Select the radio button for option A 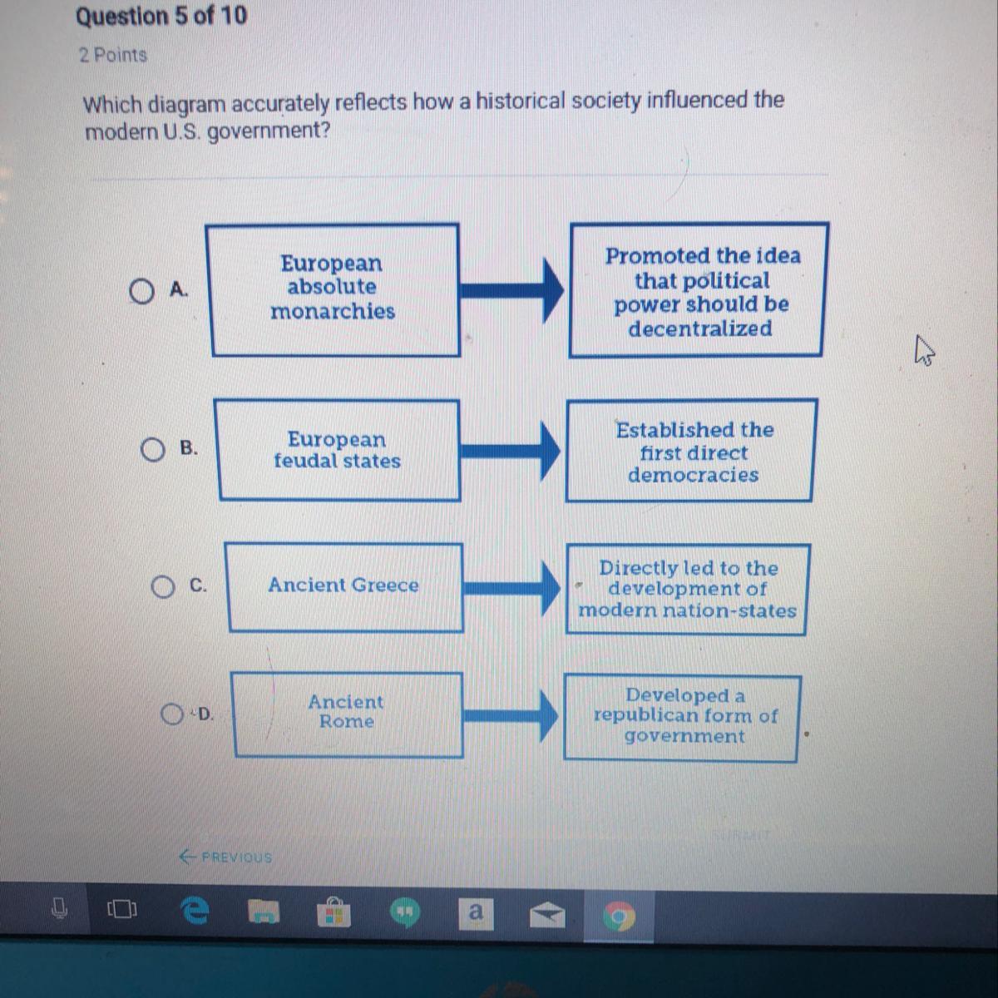pyautogui.click(x=142, y=291)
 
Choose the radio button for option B pyautogui.click(x=152, y=450)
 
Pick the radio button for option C pyautogui.click(x=163, y=587)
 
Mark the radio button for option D pyautogui.click(x=173, y=714)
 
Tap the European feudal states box pyautogui.click(x=338, y=450)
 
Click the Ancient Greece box pyautogui.click(x=343, y=585)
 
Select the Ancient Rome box pyautogui.click(x=347, y=713)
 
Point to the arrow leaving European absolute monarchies pyautogui.click(x=512, y=290)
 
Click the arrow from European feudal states pyautogui.click(x=511, y=451)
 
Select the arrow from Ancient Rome pyautogui.click(x=511, y=714)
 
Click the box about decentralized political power pyautogui.click(x=699, y=291)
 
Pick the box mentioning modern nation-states pyautogui.click(x=687, y=589)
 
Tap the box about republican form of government pyautogui.click(x=683, y=716)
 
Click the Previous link pyautogui.click(x=225, y=857)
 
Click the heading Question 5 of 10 pyautogui.click(x=161, y=16)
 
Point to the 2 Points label pyautogui.click(x=113, y=55)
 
